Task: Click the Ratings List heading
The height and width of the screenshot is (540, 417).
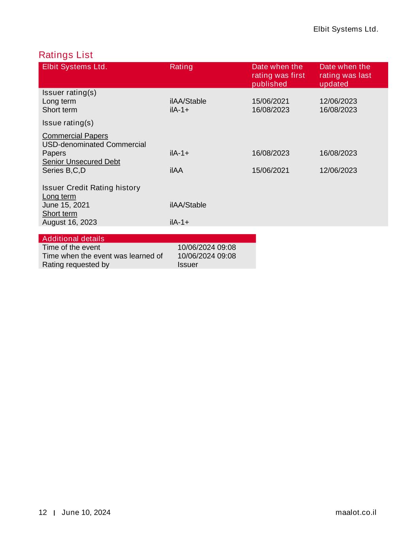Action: [x=66, y=55]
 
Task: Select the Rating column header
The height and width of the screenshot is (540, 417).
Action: [x=181, y=67]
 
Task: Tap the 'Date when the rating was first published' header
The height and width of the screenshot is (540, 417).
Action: [x=278, y=75]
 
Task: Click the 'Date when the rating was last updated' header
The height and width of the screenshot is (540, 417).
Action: [x=345, y=75]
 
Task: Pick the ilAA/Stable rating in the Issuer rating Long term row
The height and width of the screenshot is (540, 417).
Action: [x=188, y=101]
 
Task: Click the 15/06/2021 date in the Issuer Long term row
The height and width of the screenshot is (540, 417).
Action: [x=270, y=101]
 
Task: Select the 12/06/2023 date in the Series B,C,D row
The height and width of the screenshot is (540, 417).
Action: [x=338, y=171]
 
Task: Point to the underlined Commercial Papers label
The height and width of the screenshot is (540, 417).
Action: [x=75, y=136]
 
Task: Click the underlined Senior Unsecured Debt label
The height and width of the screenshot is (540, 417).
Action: [x=81, y=162]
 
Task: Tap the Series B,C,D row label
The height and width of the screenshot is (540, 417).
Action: [x=64, y=171]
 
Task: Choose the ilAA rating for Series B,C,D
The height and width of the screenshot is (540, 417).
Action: [x=176, y=171]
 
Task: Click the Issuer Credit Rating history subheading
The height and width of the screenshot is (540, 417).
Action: [x=91, y=188]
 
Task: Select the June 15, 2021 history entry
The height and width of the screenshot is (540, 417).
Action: [x=66, y=205]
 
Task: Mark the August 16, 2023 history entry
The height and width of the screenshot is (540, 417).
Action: [x=70, y=222]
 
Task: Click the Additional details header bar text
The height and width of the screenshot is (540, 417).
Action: [x=73, y=239]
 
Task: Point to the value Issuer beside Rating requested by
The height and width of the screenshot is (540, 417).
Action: [x=187, y=265]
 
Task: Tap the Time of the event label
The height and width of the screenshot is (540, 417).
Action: [x=71, y=247]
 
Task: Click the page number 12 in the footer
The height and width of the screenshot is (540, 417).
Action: [x=43, y=513]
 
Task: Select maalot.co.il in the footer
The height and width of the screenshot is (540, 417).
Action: [x=356, y=513]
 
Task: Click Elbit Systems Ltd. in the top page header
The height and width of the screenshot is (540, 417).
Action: [x=345, y=29]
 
